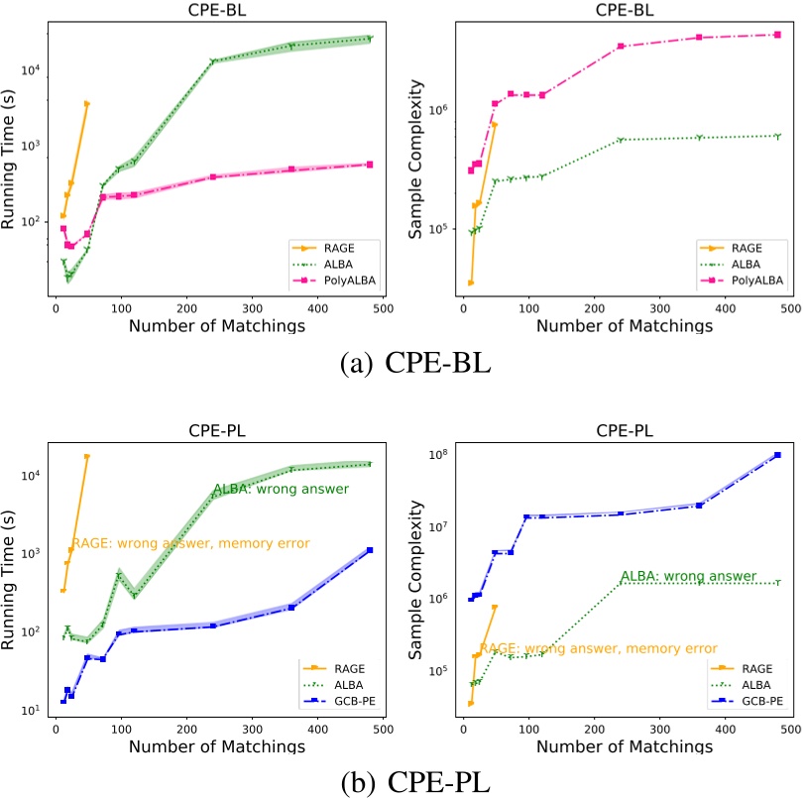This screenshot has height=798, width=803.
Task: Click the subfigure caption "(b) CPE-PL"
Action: pyautogui.click(x=401, y=781)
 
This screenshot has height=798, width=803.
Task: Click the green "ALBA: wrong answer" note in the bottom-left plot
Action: pyautogui.click(x=280, y=490)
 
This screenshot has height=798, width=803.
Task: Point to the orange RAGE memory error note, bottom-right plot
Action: pyautogui.click(x=598, y=648)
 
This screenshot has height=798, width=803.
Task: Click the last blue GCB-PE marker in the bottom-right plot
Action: pyautogui.click(x=777, y=455)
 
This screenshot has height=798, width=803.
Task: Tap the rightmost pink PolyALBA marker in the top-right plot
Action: pyautogui.click(x=777, y=35)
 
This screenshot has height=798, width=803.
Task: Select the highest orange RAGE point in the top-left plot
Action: pyautogui.click(x=87, y=103)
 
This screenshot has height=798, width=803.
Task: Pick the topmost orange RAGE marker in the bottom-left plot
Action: pyautogui.click(x=87, y=457)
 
